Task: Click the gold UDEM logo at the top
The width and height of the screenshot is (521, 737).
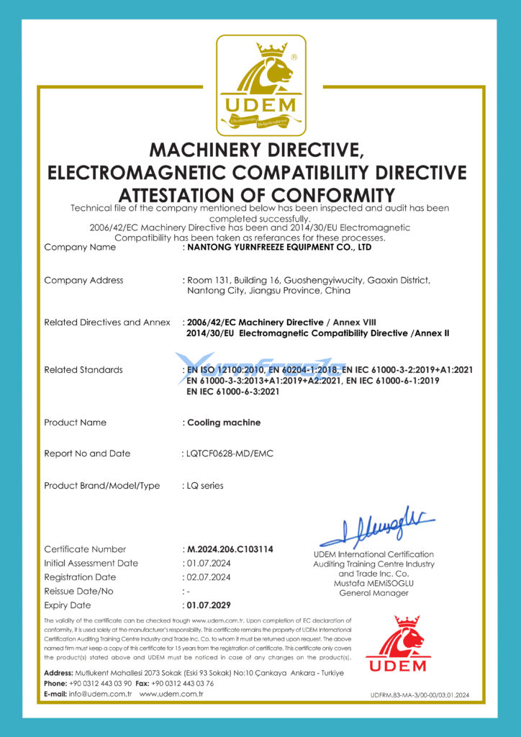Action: click(x=260, y=85)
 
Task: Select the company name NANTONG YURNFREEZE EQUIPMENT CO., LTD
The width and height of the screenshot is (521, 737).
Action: click(x=278, y=247)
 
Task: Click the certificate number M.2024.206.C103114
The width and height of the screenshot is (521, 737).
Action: click(x=230, y=549)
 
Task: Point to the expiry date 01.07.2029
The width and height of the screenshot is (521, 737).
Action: click(x=209, y=605)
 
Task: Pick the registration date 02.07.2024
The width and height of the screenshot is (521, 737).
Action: click(x=208, y=577)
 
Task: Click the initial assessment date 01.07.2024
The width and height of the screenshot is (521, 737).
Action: click(x=208, y=563)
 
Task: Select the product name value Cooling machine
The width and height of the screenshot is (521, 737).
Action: click(x=223, y=422)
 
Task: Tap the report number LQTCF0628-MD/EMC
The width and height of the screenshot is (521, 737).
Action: click(x=230, y=453)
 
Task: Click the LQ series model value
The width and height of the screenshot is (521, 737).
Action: click(x=204, y=486)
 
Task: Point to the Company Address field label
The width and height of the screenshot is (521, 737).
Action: click(x=83, y=280)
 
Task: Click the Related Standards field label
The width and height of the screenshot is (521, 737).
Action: click(x=83, y=370)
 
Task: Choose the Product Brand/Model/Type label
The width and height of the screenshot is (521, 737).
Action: click(x=101, y=486)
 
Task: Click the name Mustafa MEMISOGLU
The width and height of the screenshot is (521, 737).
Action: click(x=373, y=584)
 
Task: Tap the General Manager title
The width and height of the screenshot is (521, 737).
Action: click(x=373, y=594)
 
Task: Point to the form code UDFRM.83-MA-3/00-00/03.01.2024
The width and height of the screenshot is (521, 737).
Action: click(x=420, y=695)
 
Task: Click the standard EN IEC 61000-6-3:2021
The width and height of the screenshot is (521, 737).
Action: click(x=233, y=392)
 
